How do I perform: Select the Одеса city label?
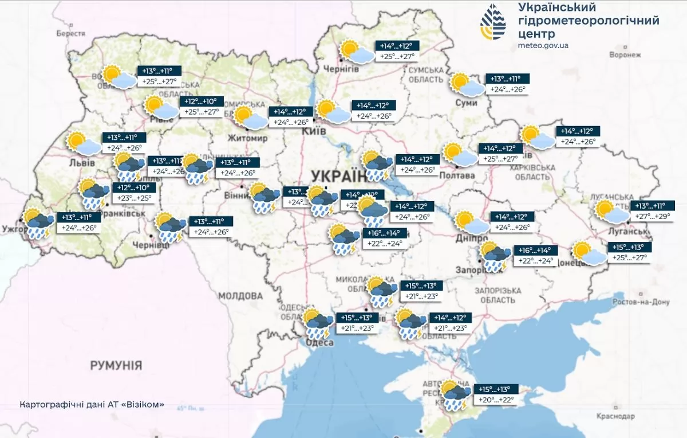tap(321, 342)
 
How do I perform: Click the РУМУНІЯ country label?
tap(116, 365)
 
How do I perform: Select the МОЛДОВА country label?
tap(240, 296)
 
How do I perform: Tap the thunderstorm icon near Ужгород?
tap(37, 224)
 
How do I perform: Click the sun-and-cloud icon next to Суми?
tap(467, 84)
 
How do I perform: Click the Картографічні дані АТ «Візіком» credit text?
tap(92, 404)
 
